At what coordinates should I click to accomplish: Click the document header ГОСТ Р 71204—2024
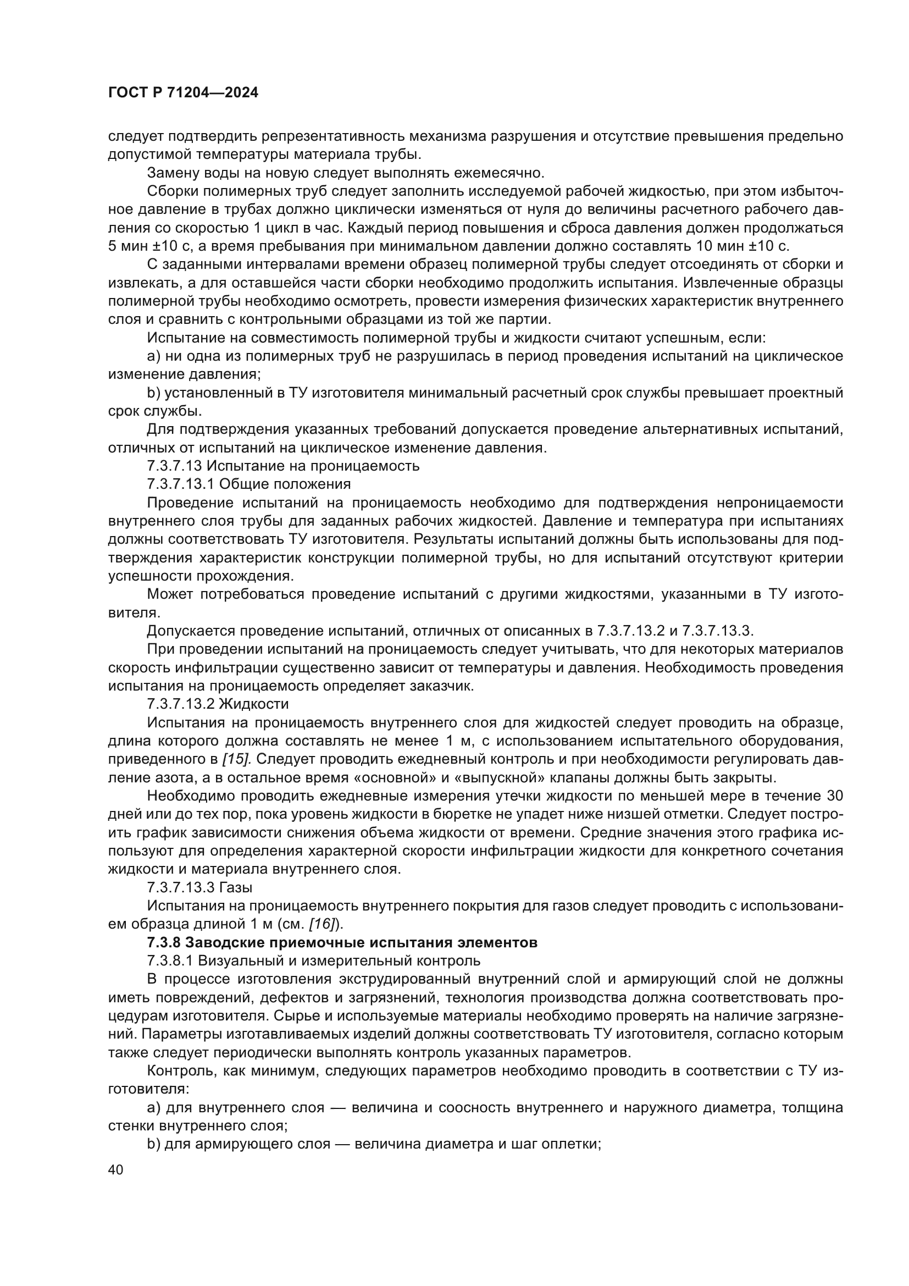pos(183,93)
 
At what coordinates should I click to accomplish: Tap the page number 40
pos(116,1169)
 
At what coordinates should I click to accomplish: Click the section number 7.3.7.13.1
pos(180,483)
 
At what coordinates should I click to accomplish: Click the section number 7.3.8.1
pos(170,961)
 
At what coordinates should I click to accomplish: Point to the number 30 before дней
pos(834,796)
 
